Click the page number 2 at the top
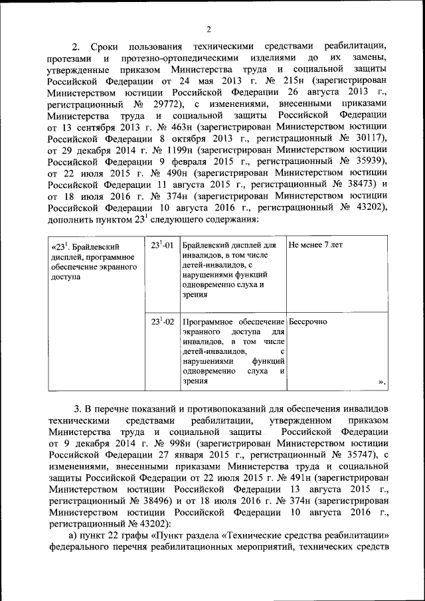[208, 29]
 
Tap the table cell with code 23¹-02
[161, 321]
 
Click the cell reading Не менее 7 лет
[315, 244]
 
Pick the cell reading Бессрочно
[308, 321]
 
